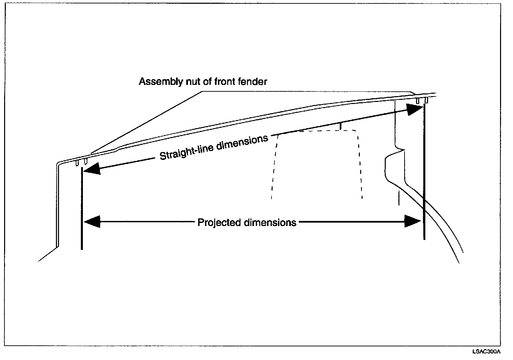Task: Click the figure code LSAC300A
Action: coord(486,351)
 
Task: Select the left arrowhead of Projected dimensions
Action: coord(91,222)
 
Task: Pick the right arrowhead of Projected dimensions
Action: coord(413,222)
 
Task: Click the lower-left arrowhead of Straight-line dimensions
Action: coord(92,168)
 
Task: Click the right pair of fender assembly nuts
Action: coord(422,101)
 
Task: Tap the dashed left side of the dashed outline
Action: coord(274,167)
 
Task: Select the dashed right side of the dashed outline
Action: coord(360,167)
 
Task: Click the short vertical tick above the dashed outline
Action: coord(340,126)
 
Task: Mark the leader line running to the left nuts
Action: coord(147,123)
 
